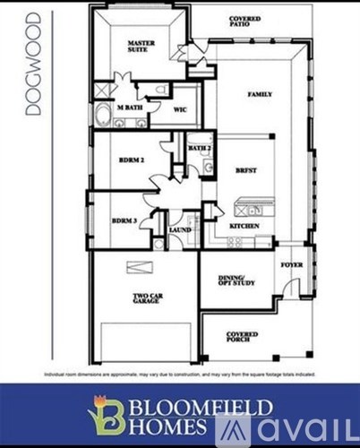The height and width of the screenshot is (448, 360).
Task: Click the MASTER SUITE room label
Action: click(x=140, y=47)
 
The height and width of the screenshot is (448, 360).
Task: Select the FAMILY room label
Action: click(x=260, y=95)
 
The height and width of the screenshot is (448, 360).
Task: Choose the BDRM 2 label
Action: click(x=132, y=160)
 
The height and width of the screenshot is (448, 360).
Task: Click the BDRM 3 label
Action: click(x=124, y=220)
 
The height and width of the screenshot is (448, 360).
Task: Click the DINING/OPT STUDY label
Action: click(x=237, y=280)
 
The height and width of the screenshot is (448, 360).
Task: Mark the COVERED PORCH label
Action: click(x=242, y=337)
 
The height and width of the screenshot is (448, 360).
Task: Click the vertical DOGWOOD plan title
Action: click(x=33, y=63)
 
